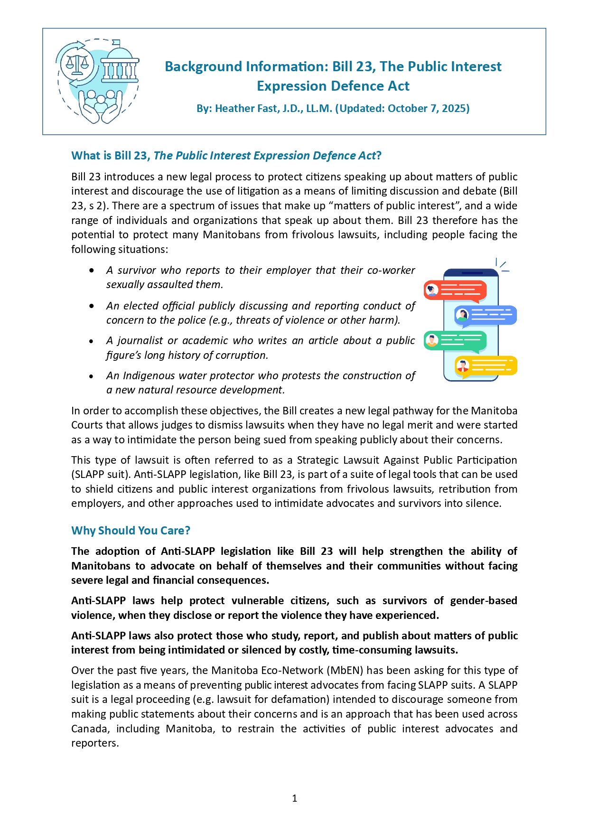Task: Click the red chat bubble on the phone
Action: click(455, 290)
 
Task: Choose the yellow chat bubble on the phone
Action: click(485, 366)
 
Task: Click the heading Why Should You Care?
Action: click(131, 531)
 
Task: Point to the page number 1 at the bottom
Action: click(295, 798)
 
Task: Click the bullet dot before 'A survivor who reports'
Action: click(92, 271)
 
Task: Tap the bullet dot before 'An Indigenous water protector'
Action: click(92, 376)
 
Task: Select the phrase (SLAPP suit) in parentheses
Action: click(100, 475)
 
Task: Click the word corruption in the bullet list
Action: click(241, 356)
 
